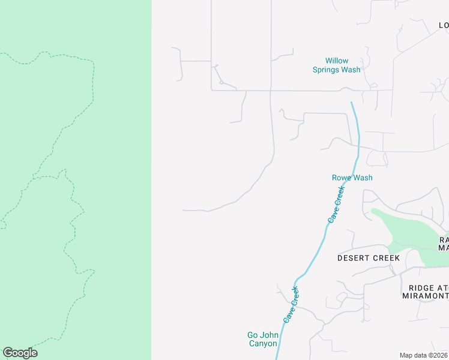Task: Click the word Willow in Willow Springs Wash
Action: coord(337,61)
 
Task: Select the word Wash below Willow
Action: coord(351,70)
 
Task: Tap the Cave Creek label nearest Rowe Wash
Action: coord(337,205)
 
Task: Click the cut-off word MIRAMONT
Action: coord(426,296)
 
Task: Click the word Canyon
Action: coord(262,344)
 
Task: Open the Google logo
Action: coord(20,353)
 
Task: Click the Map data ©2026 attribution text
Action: coord(423,355)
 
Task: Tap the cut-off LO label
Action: coord(444,25)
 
